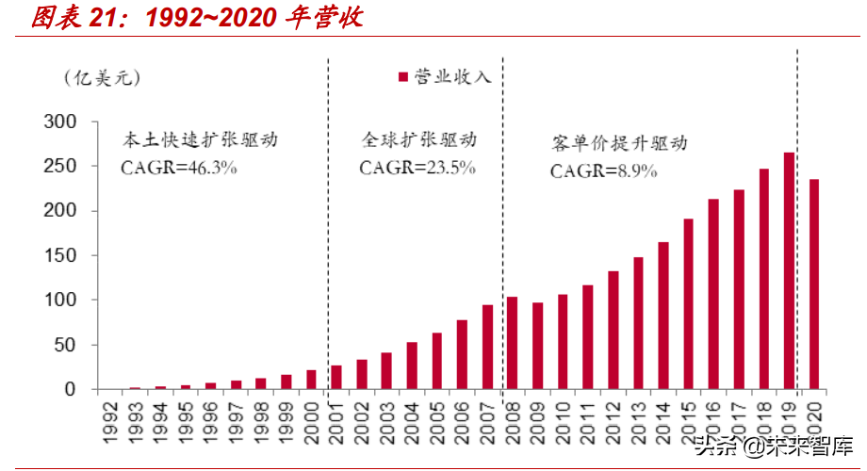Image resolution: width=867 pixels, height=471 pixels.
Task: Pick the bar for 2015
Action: pyautogui.click(x=689, y=304)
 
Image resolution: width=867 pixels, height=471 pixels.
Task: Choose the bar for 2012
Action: pyautogui.click(x=613, y=330)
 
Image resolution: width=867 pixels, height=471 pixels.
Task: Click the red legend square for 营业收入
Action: pyautogui.click(x=403, y=77)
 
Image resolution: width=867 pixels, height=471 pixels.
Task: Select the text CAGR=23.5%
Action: pyautogui.click(x=417, y=167)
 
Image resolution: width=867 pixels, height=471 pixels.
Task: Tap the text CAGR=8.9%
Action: pyautogui.click(x=603, y=171)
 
